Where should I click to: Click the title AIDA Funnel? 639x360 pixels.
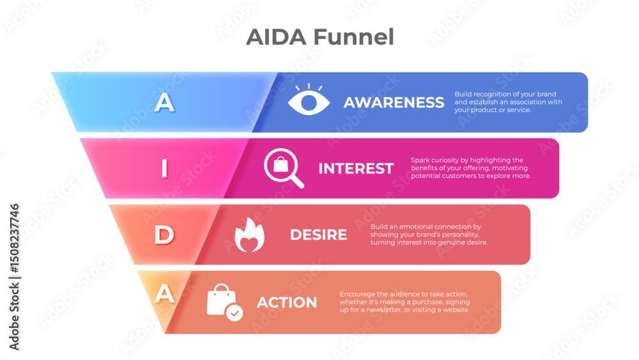click(x=319, y=37)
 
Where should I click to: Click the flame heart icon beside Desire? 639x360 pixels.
click(x=250, y=235)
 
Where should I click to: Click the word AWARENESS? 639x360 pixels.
click(x=394, y=102)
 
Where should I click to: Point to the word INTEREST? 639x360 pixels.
click(x=356, y=169)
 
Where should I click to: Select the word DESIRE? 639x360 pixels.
click(x=318, y=235)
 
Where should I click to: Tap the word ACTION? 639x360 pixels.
click(x=287, y=302)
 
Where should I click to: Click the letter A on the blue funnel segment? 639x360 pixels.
click(x=165, y=102)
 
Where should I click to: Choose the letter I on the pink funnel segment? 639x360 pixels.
click(x=164, y=169)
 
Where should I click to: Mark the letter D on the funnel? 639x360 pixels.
click(x=164, y=235)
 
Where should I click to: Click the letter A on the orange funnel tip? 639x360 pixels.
click(x=165, y=293)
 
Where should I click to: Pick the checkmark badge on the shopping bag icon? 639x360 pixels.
click(x=235, y=313)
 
